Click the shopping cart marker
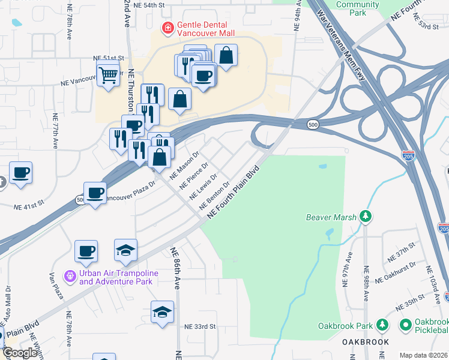click(x=108, y=76)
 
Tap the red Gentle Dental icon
click(x=167, y=27)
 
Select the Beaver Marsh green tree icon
click(x=365, y=217)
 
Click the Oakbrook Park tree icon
click(x=382, y=326)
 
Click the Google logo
click(x=20, y=353)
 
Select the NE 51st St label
click(x=108, y=58)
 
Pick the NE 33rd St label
click(x=200, y=326)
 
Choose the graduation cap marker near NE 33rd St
click(x=162, y=312)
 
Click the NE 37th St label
click(x=401, y=251)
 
